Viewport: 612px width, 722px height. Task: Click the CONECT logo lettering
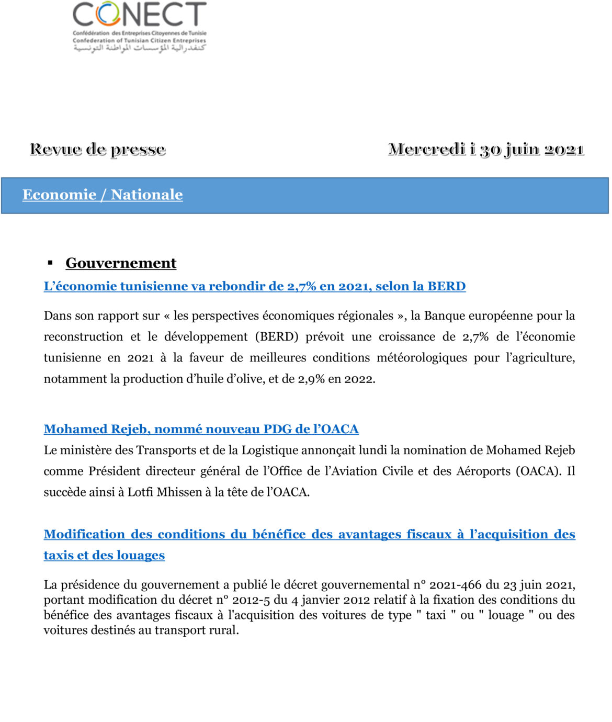pyautogui.click(x=139, y=15)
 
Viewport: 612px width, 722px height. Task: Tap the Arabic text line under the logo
pyautogui.click(x=139, y=48)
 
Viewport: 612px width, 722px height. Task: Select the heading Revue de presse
pyautogui.click(x=98, y=149)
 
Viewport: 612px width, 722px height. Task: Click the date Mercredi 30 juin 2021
pyautogui.click(x=486, y=149)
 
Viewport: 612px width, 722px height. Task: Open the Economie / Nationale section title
pyautogui.click(x=103, y=195)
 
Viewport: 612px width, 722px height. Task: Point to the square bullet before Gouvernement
pyautogui.click(x=51, y=263)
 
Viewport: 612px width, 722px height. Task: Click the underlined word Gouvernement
pyautogui.click(x=121, y=263)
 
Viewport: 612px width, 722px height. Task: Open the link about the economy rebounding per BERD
pyautogui.click(x=255, y=286)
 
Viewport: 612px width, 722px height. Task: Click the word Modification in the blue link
pyautogui.click(x=84, y=534)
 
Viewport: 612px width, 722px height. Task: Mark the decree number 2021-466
pyautogui.click(x=455, y=585)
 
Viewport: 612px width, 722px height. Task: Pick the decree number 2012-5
pyautogui.click(x=251, y=600)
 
